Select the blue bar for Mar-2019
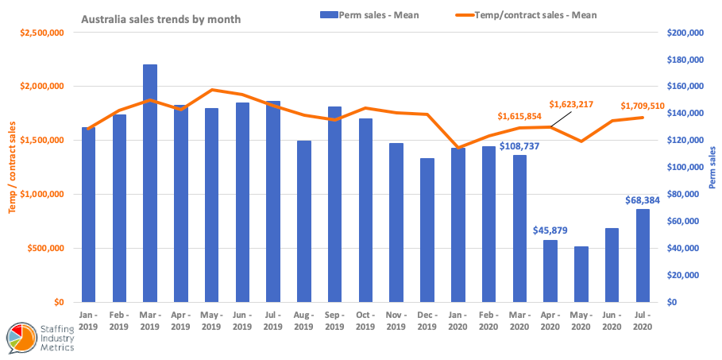(x=150, y=183)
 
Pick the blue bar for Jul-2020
(x=643, y=255)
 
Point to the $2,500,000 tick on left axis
(x=44, y=33)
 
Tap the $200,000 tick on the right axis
(x=684, y=33)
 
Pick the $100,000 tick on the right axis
(x=684, y=167)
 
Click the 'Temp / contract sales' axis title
(x=12, y=167)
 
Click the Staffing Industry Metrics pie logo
(x=20, y=339)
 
